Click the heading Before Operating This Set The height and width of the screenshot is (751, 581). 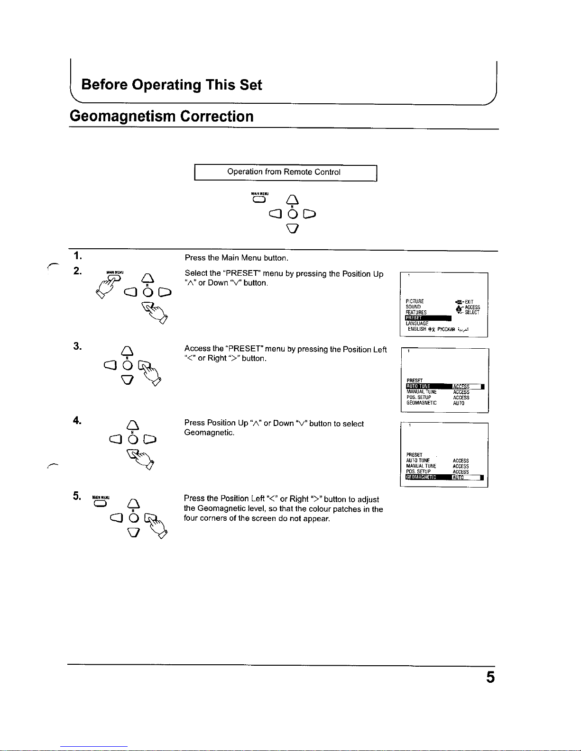(171, 85)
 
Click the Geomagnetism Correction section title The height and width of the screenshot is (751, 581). (161, 117)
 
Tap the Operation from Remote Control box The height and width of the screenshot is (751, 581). (285, 172)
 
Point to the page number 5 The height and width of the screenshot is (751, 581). (490, 678)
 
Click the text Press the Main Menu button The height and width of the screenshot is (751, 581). (236, 258)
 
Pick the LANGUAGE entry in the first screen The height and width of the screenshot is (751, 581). (417, 324)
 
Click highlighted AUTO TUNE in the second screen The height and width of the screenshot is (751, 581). (418, 387)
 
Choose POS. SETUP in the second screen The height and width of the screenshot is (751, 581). (418, 398)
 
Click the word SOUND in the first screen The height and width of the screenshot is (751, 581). (413, 307)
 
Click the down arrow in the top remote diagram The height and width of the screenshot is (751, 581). (293, 229)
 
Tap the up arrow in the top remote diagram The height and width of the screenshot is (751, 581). (293, 199)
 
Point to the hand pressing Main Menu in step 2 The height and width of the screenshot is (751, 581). (110, 286)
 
